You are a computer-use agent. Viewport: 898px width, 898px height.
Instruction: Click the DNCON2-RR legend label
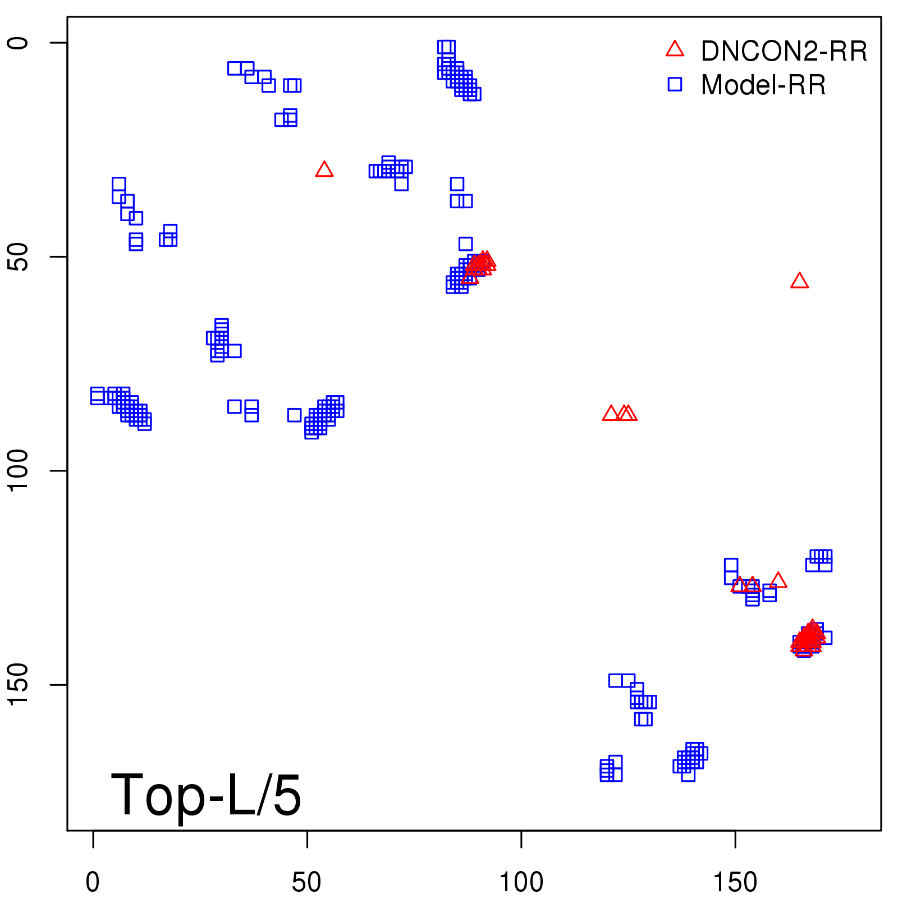coord(784,51)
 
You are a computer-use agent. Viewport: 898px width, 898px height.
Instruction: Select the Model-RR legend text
coord(763,85)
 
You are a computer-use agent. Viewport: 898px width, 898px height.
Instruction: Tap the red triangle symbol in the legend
coord(675,49)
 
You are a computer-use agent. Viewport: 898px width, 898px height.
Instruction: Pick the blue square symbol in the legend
coord(675,84)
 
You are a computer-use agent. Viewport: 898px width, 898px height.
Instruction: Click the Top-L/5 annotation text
coord(206,795)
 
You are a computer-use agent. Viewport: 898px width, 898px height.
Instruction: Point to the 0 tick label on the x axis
coord(93,882)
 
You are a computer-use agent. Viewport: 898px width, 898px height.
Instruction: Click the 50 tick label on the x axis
coord(307,882)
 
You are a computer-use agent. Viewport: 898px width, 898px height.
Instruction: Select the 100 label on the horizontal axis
coord(521,882)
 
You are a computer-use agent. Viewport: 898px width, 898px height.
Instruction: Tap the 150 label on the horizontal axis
coord(735,882)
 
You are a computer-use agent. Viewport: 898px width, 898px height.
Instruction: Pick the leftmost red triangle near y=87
coord(611,414)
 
